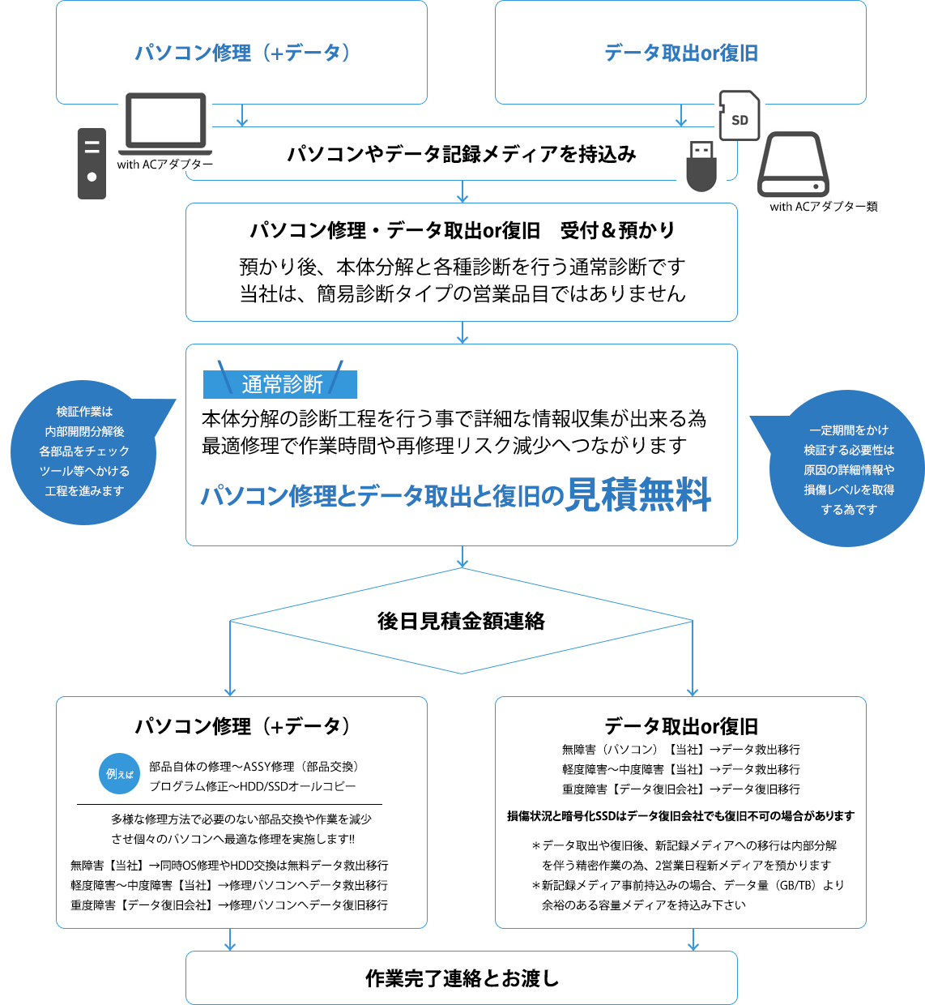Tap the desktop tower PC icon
(92, 163)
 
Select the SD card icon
(739, 116)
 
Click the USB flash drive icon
(701, 166)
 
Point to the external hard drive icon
(793, 166)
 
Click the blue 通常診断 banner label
(280, 383)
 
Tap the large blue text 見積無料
(638, 494)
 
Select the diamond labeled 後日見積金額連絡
(462, 621)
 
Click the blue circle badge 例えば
(120, 774)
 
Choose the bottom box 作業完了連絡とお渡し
(462, 978)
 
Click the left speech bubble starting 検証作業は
(84, 451)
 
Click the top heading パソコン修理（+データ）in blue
(242, 53)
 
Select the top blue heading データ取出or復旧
(680, 53)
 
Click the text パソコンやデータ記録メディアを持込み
(462, 154)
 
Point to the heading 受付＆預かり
(617, 230)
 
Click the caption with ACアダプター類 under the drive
(823, 207)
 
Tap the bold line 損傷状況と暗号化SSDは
(680, 816)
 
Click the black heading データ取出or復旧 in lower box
(680, 726)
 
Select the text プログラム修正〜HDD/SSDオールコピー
(253, 786)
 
